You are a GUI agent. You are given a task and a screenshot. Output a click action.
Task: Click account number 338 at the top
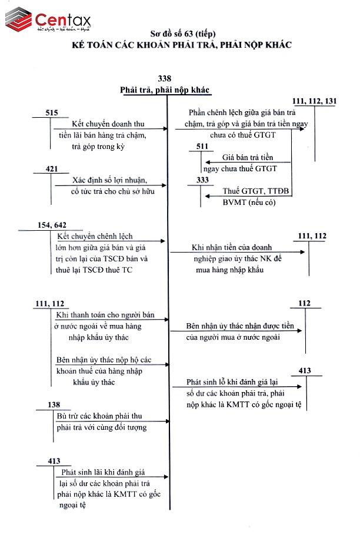(x=165, y=79)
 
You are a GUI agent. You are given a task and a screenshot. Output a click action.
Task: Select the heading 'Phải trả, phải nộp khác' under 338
(x=165, y=89)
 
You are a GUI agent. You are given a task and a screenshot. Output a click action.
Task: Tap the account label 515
(x=52, y=112)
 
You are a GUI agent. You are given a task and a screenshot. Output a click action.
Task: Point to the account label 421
(x=52, y=170)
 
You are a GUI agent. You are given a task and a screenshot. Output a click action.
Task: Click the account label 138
(x=54, y=405)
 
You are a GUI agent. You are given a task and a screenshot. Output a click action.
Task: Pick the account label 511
(x=202, y=146)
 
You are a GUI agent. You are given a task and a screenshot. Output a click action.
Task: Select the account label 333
(x=202, y=181)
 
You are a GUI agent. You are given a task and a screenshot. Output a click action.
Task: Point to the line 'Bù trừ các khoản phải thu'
(x=100, y=416)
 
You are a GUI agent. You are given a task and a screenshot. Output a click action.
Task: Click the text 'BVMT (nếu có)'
(x=249, y=203)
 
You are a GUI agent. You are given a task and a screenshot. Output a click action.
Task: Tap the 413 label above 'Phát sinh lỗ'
(x=305, y=371)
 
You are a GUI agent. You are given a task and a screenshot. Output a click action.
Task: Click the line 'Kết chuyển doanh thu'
(x=108, y=124)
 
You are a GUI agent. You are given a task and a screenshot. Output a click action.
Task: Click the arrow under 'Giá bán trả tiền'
(x=246, y=163)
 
